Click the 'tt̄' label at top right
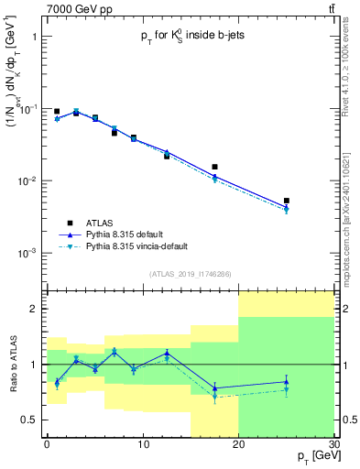click(x=330, y=9)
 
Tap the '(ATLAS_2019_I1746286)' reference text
click(x=190, y=273)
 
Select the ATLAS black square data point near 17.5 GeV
click(x=214, y=168)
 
